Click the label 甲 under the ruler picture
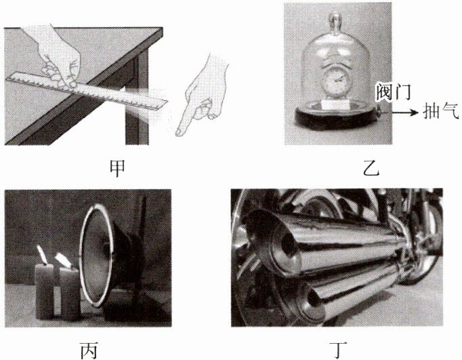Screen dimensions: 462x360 tap(117, 168)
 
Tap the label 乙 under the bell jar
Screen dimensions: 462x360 tap(371, 168)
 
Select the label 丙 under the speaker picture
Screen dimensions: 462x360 tap(89, 350)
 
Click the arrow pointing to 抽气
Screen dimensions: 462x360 tap(405, 112)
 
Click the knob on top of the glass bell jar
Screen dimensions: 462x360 tap(335, 21)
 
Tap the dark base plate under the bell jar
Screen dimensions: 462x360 tap(337, 117)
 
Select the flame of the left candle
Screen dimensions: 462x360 tap(42, 254)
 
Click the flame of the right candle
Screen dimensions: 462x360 tap(62, 259)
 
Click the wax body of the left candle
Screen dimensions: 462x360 tap(45, 291)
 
